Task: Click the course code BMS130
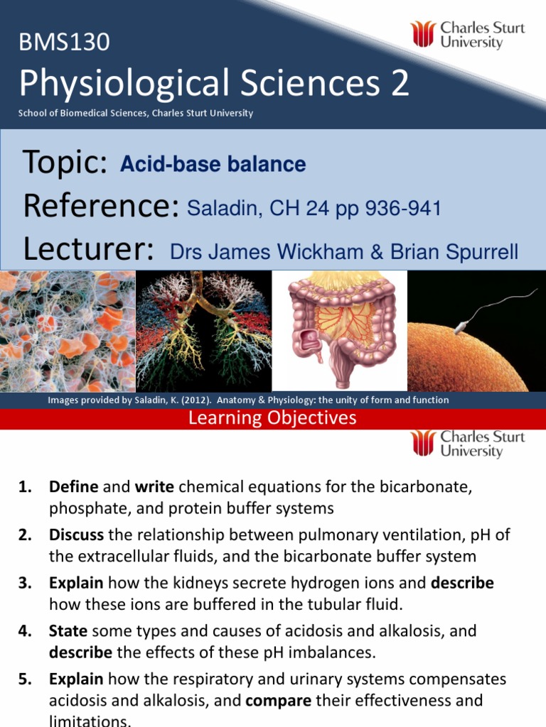(64, 42)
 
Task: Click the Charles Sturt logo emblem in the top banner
(422, 34)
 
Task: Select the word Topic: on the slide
(65, 163)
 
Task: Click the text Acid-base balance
(213, 164)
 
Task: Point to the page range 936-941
(403, 208)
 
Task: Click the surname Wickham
(321, 252)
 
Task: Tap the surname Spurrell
(482, 253)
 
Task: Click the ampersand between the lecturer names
(377, 252)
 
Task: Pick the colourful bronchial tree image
(204, 331)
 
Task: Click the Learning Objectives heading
(272, 417)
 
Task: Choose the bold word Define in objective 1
(74, 487)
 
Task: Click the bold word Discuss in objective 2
(76, 535)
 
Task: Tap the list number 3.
(26, 583)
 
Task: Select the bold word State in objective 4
(68, 631)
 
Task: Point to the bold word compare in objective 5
(278, 701)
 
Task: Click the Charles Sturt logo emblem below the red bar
(423, 443)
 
